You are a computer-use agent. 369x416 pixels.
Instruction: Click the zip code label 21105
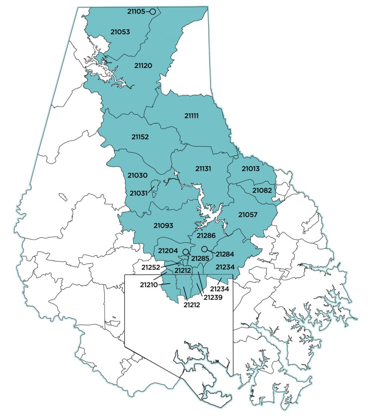tap(136, 12)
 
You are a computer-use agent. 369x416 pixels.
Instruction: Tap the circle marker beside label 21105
tap(152, 12)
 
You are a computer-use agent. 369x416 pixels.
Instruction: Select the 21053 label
tap(120, 32)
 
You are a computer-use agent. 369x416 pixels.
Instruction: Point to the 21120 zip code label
tap(143, 66)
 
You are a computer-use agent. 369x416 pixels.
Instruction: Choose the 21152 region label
tap(140, 137)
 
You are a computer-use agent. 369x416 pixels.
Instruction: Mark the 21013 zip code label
tap(250, 169)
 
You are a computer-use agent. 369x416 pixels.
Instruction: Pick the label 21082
tap(262, 190)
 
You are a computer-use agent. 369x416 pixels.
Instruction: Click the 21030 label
tap(137, 176)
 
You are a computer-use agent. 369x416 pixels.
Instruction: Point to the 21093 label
tap(163, 226)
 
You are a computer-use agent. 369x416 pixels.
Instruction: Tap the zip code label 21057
tap(248, 215)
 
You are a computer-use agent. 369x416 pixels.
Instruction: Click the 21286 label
tap(206, 236)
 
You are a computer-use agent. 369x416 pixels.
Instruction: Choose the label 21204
tap(168, 251)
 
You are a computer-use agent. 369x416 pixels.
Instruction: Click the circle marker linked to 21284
tap(204, 249)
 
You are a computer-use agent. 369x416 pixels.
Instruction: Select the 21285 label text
tap(201, 258)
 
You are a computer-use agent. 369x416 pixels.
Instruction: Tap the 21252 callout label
tap(151, 267)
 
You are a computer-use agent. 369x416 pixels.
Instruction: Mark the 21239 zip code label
tap(213, 297)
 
